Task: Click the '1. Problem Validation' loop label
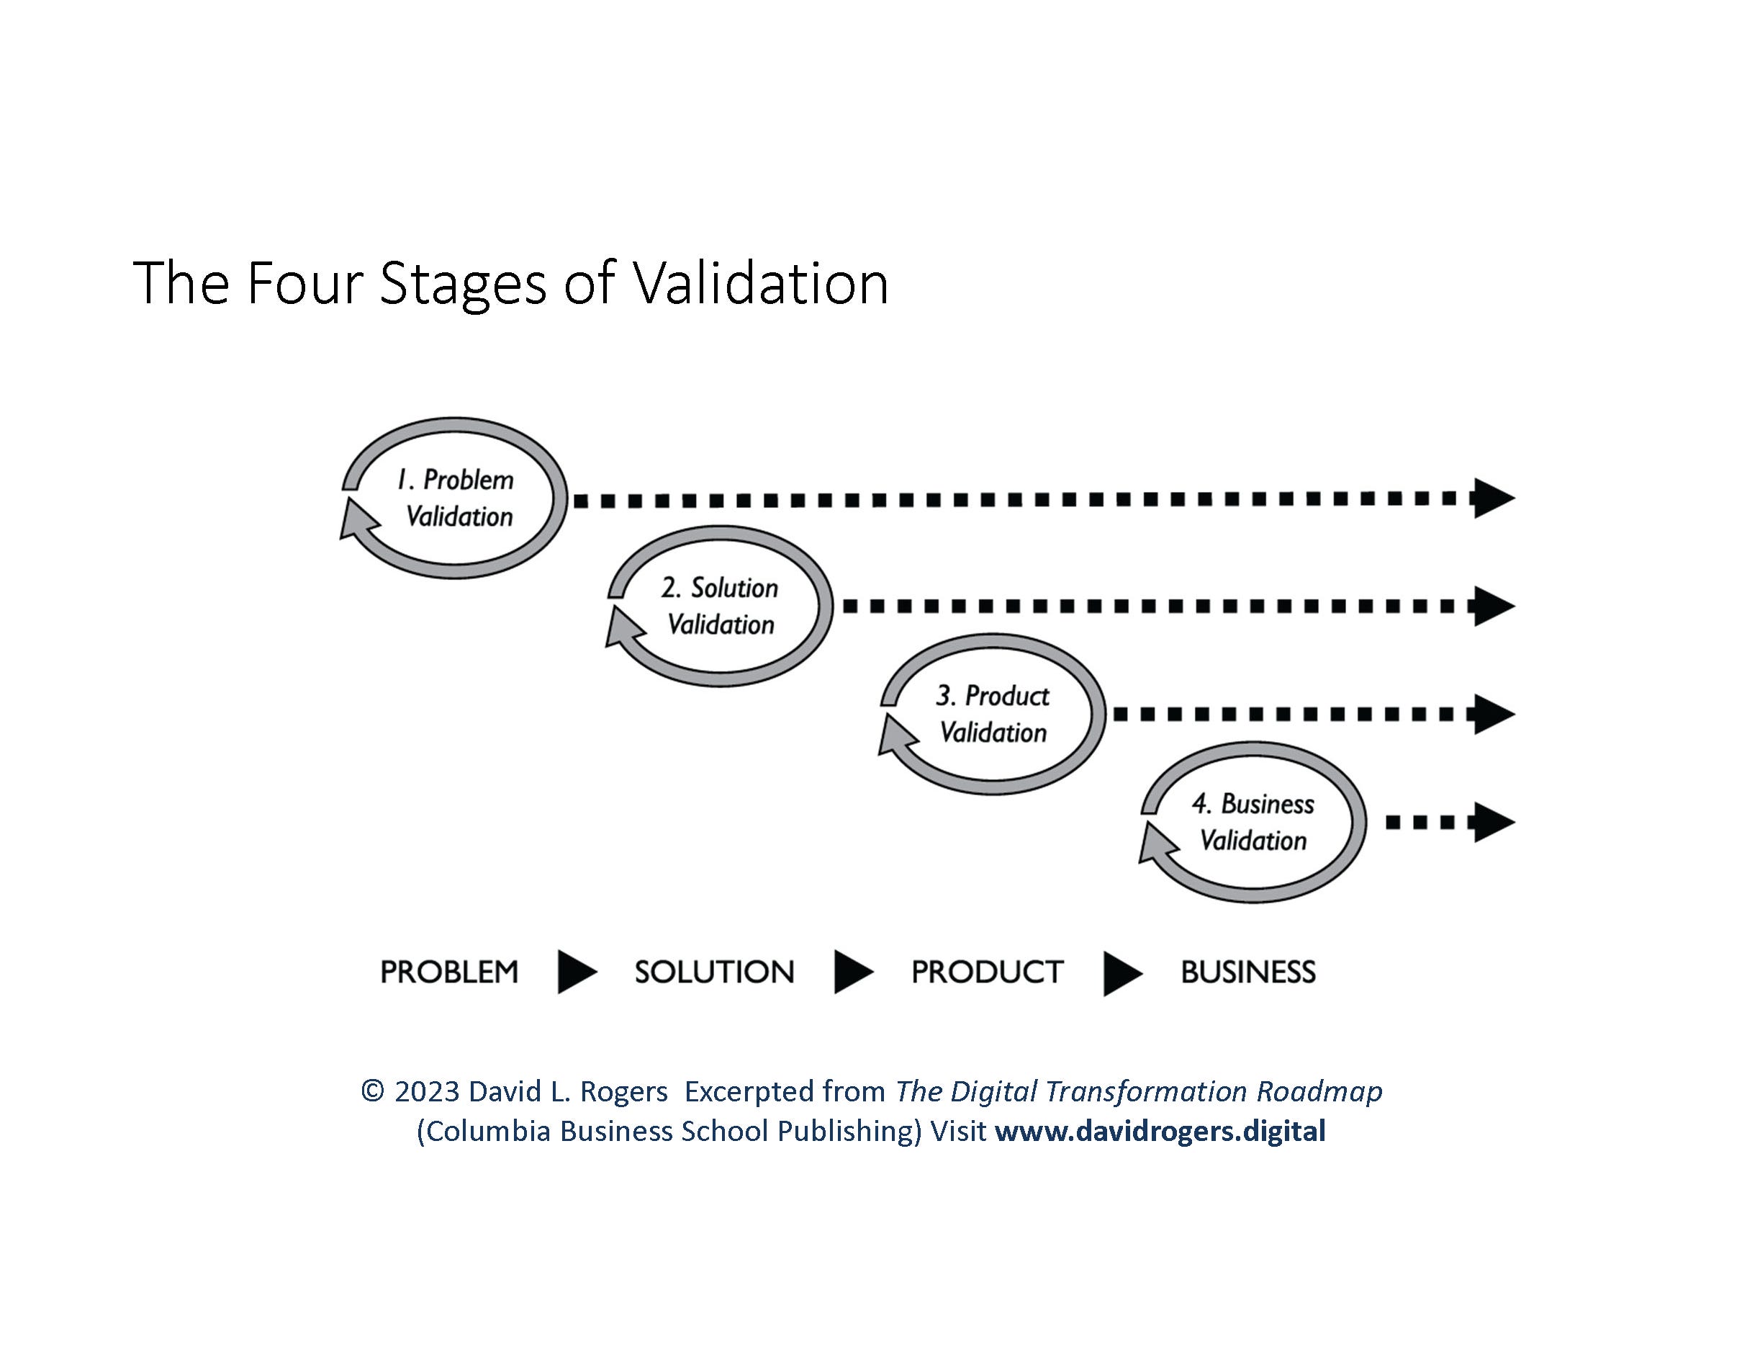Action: coord(456,498)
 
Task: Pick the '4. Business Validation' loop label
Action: coord(1253,822)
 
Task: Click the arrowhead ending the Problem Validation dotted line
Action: coord(1492,498)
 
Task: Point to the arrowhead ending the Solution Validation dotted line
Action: coord(1492,607)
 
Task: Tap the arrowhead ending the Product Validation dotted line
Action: coord(1492,714)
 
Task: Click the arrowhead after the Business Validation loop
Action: coord(1492,822)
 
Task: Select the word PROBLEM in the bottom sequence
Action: coord(449,972)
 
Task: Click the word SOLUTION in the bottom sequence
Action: coord(715,972)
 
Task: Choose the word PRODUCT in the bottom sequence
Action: coord(988,972)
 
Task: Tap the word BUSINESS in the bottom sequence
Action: coord(1248,972)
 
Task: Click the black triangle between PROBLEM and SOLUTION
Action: coord(575,972)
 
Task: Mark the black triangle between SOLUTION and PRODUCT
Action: coord(852,972)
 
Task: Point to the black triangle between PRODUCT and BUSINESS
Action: coord(1121,974)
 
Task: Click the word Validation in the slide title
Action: coord(761,283)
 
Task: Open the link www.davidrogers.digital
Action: coord(1160,1131)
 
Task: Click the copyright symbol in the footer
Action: coord(372,1091)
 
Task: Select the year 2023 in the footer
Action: coord(427,1091)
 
